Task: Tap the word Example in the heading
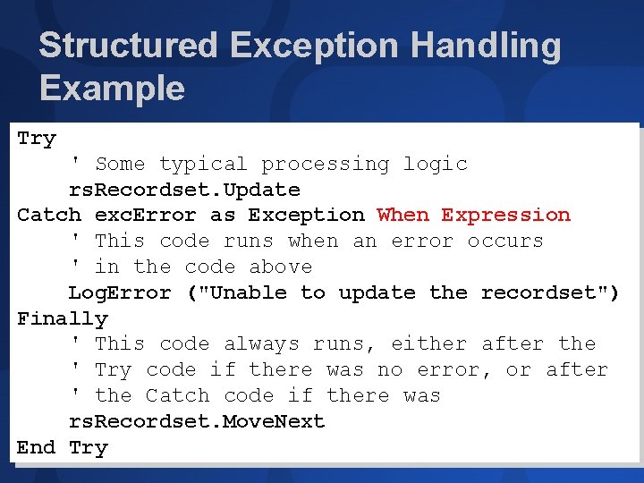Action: coord(112,89)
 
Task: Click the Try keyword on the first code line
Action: coord(37,139)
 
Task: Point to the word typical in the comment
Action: coord(203,165)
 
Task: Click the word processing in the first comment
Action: coord(326,165)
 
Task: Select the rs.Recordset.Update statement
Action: coord(184,190)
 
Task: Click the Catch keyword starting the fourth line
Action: coord(49,216)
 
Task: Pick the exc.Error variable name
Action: coord(145,216)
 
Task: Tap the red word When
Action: coord(402,216)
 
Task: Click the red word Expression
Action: coord(505,216)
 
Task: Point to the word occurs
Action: coord(505,241)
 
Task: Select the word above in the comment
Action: coord(281,267)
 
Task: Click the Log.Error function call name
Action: coord(120,292)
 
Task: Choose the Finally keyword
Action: coord(63,318)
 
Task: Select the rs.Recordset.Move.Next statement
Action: coord(197,421)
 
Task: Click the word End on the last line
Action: coord(37,447)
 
